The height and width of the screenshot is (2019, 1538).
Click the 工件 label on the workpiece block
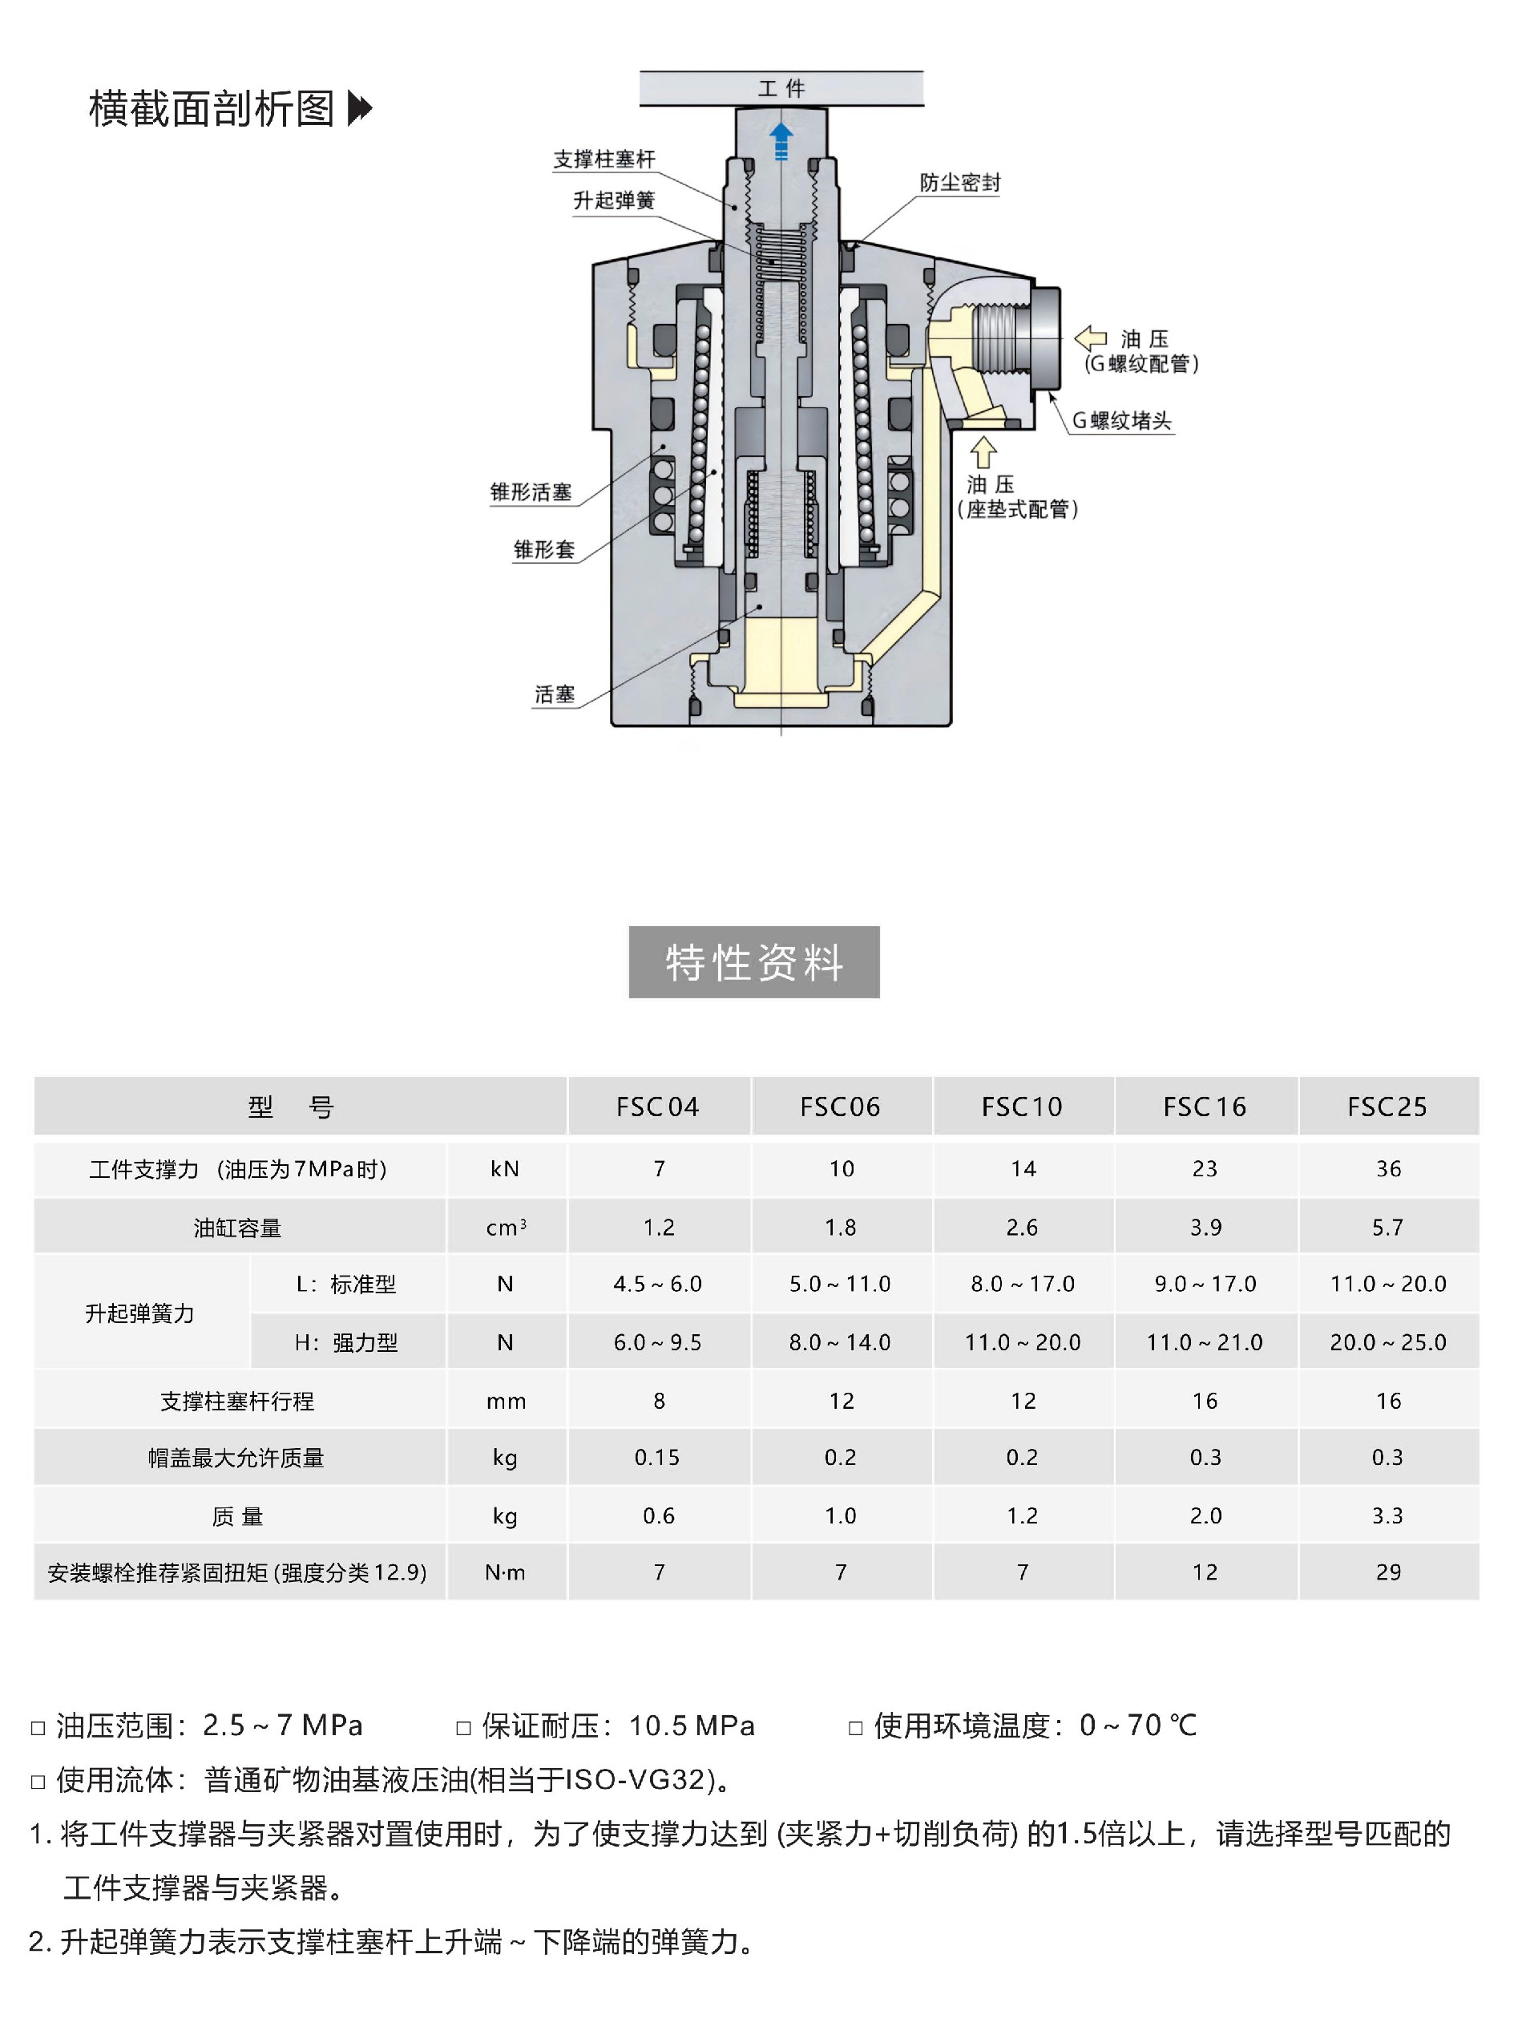click(781, 89)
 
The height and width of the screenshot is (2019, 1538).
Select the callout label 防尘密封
click(959, 183)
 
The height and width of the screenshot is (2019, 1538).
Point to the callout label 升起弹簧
click(613, 200)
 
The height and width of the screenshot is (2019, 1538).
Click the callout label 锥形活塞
click(531, 492)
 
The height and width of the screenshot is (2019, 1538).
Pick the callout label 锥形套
click(544, 550)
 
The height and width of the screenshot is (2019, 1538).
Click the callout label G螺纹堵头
click(1121, 421)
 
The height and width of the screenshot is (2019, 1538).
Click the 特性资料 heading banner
click(753, 962)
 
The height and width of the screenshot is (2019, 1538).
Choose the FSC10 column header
click(1022, 1107)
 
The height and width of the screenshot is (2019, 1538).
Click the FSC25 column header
click(1387, 1107)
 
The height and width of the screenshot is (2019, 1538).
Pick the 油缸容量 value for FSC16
click(1205, 1228)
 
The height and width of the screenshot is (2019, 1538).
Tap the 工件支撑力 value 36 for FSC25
click(1388, 1169)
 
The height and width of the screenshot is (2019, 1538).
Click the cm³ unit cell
click(506, 1228)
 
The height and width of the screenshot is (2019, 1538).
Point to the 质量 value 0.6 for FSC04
click(658, 1516)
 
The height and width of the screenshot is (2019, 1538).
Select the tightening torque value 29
click(1388, 1573)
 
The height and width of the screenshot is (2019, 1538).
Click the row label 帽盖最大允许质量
click(236, 1458)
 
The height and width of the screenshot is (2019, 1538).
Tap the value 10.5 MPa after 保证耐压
click(691, 1726)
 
